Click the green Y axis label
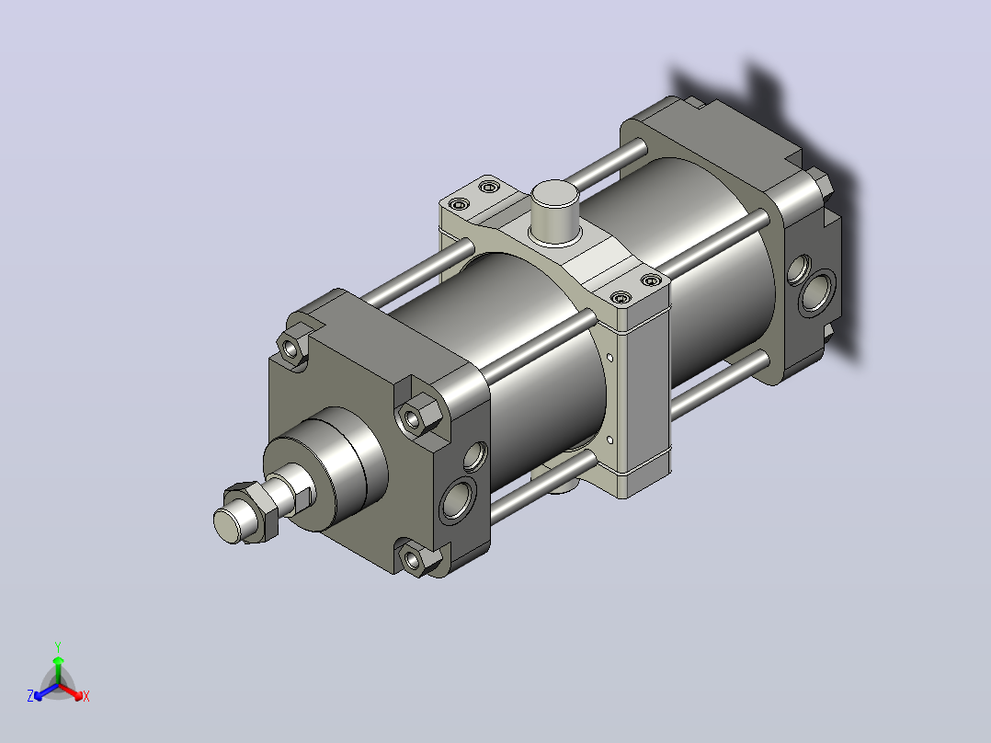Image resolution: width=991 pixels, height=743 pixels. coord(58,646)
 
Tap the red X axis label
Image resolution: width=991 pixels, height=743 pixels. coord(86,696)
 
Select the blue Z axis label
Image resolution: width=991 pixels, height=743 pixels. coord(30,695)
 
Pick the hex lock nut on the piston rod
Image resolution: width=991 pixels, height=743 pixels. coord(254,510)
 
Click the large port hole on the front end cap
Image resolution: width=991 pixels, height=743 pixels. coord(458,499)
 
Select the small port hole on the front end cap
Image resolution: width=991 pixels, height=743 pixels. coord(476,456)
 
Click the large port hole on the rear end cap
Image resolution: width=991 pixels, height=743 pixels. coord(817,292)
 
